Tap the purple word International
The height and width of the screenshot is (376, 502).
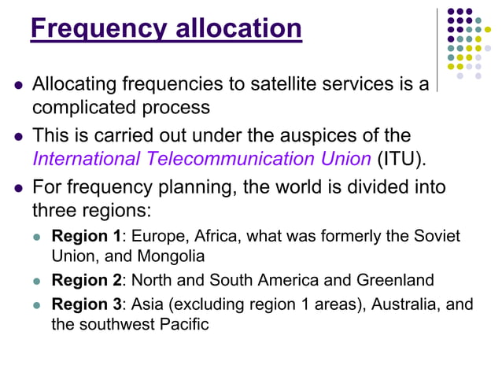pyautogui.click(x=84, y=159)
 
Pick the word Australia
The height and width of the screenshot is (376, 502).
pyautogui.click(x=409, y=304)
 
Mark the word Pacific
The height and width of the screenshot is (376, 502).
pyautogui.click(x=186, y=323)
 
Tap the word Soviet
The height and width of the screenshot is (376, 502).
pyautogui.click(x=438, y=236)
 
